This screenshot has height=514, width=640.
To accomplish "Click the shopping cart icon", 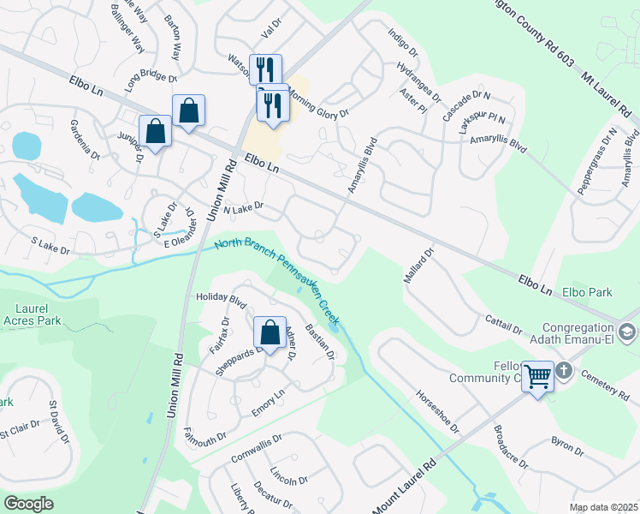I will pos(537,375).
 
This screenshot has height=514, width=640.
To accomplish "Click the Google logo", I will pos(28,504).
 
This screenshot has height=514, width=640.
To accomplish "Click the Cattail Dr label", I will pos(505,325).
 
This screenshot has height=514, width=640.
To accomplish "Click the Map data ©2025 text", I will pos(602,507).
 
